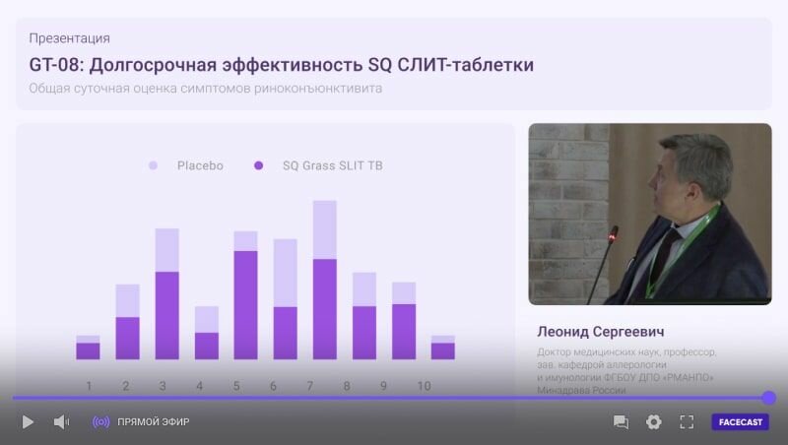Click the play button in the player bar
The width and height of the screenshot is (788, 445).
pos(28,422)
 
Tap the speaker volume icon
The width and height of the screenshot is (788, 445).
pos(61,422)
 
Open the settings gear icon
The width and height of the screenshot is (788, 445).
pos(653,422)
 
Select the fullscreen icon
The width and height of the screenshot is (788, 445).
pos(687,422)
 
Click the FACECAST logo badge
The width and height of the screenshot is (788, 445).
pos(741,422)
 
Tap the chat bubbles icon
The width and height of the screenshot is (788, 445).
pos(621,422)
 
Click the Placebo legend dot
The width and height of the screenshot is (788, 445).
pos(154,165)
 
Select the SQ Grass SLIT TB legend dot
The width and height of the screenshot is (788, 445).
pos(258,165)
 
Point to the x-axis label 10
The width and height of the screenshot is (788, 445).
pos(424,386)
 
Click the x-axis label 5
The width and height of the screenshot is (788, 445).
pos(236,386)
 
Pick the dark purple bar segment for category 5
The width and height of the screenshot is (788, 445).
pos(245,305)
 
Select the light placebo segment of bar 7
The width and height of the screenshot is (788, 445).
pos(325,230)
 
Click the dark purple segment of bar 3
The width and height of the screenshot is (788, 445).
pos(166,315)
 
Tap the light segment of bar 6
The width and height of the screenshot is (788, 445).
pos(286,274)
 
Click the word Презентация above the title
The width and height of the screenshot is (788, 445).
pos(69,38)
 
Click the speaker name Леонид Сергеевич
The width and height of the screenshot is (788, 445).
pos(601,332)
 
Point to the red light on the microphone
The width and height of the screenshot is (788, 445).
pos(612,234)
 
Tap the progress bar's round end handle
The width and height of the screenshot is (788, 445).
pos(768,398)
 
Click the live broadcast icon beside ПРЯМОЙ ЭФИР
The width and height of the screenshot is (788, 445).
pos(101,422)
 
